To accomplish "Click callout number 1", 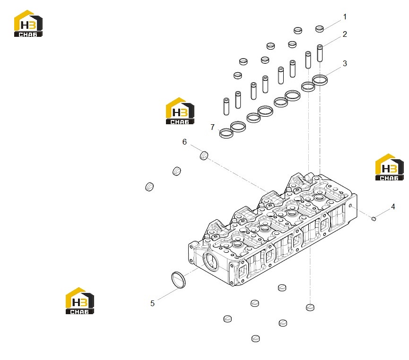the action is tap(345, 17).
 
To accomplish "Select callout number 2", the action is tap(345, 34).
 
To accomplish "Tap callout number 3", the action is tap(345, 63).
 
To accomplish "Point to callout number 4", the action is tap(393, 207).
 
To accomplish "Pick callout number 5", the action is tap(152, 303).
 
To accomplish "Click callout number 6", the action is tap(184, 142).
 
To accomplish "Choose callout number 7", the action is tap(212, 127).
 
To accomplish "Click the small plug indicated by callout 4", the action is tap(374, 219).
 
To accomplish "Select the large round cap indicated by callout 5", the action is tap(178, 280).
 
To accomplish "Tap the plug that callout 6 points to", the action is tap(204, 155).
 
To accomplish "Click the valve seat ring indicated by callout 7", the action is tap(226, 133).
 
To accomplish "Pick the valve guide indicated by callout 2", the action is tap(320, 53).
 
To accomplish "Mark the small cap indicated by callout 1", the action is tap(320, 29).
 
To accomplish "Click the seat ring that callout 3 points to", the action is tap(320, 80).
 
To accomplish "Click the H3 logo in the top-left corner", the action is tap(28, 24).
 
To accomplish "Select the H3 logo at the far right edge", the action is tap(389, 167).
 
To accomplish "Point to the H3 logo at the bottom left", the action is tap(79, 301).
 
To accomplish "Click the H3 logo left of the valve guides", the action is tap(180, 111).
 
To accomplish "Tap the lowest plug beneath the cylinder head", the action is tap(256, 339).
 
